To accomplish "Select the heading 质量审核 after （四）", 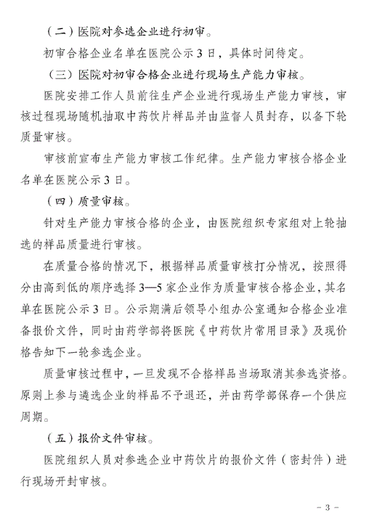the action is tap(101, 200).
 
